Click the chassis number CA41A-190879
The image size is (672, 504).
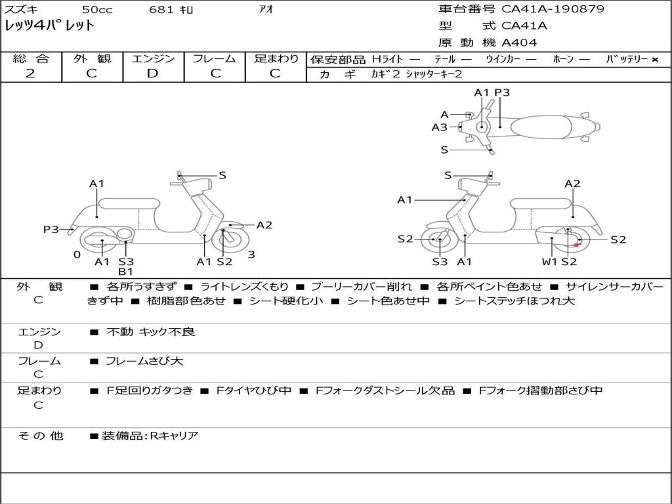click(x=553, y=9)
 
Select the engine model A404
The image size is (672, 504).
click(x=519, y=43)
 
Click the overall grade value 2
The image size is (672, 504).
click(x=30, y=73)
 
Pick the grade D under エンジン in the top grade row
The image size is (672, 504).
click(x=152, y=73)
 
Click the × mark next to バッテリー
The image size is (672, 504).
click(x=655, y=60)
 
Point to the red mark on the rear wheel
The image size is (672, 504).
click(x=577, y=245)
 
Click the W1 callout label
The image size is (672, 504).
click(x=549, y=261)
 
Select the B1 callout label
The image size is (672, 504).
click(x=125, y=272)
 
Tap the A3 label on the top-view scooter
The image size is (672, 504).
click(x=439, y=127)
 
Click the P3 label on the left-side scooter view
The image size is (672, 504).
click(x=51, y=229)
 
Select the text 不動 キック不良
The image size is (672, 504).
click(x=150, y=331)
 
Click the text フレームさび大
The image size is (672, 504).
click(x=144, y=362)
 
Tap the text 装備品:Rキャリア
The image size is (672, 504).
click(x=150, y=436)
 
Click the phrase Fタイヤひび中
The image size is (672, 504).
click(x=254, y=390)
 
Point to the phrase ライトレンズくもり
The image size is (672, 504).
click(x=244, y=286)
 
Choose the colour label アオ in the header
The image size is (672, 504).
click(x=266, y=9)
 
